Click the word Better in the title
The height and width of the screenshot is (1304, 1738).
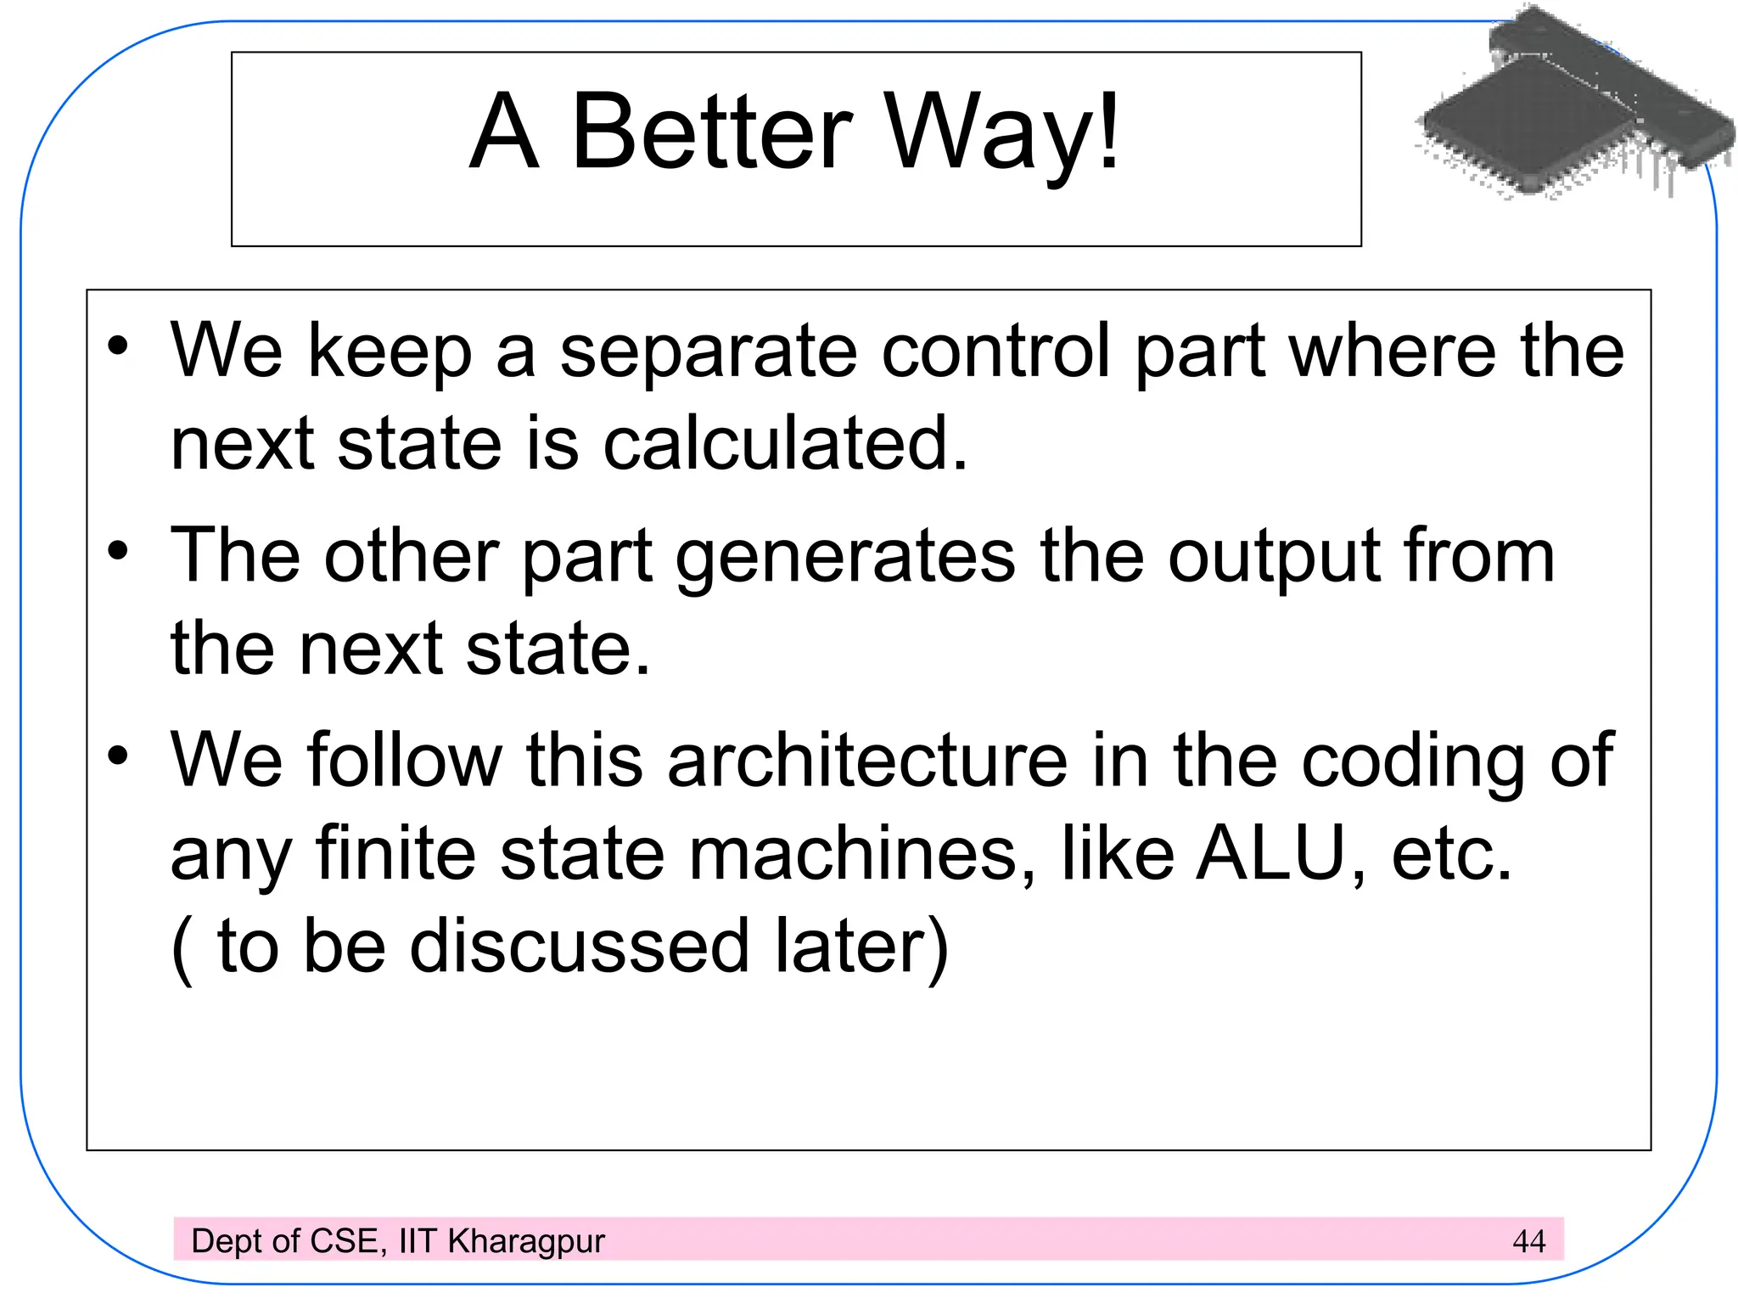pos(711,132)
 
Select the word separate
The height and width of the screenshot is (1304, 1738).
pos(708,353)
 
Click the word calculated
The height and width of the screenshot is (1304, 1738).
pos(785,443)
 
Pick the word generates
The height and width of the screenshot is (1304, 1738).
pos(845,559)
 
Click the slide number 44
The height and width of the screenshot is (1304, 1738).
pos(1528,1241)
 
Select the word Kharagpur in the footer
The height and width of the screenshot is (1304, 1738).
pos(526,1242)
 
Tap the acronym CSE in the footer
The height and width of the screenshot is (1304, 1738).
pos(343,1241)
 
